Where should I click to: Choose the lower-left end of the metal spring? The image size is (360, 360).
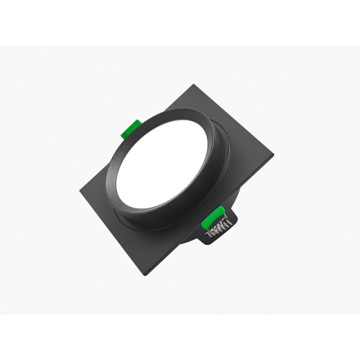[x=208, y=233]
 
